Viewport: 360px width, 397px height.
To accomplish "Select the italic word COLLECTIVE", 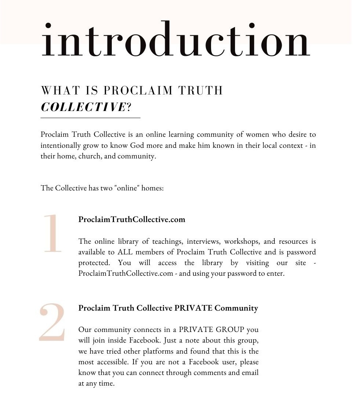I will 83,107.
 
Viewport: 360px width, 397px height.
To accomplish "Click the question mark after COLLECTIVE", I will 129,107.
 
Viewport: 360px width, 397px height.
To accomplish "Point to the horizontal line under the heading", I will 90,118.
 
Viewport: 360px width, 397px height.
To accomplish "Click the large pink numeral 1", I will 53,234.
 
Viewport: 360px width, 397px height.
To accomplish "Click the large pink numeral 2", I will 52,322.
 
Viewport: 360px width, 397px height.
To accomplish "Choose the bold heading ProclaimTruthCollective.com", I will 132,219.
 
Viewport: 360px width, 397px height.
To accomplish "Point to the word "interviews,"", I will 204,242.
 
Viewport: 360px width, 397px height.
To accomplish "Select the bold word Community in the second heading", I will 236,308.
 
